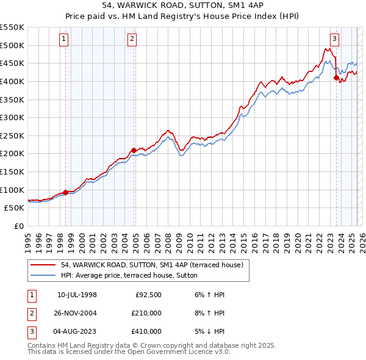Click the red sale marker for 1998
(x=65, y=192)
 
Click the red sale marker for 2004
(x=134, y=150)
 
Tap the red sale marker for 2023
(x=335, y=77)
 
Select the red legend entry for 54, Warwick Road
(x=152, y=265)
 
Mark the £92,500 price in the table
(x=148, y=295)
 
